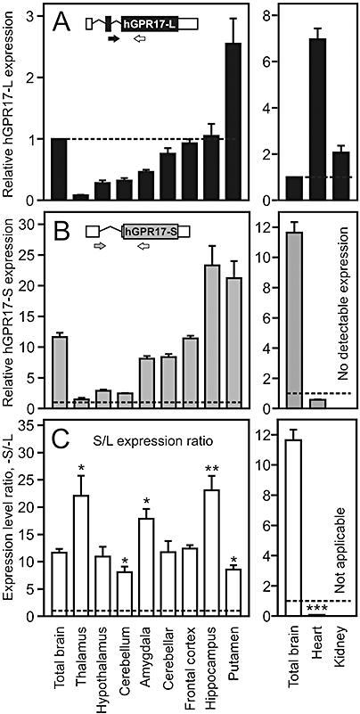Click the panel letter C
65,440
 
